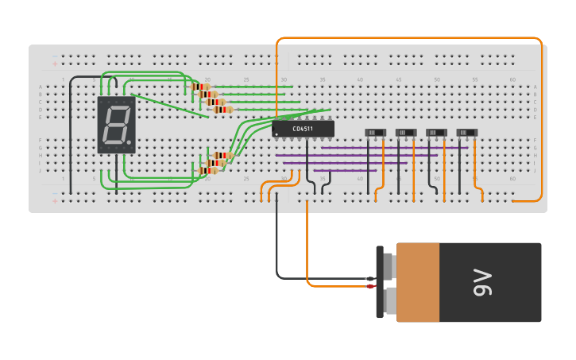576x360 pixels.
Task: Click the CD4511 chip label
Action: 303,129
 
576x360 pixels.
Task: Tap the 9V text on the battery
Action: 482,282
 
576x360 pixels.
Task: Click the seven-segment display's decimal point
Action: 129,143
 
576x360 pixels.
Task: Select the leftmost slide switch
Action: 375,132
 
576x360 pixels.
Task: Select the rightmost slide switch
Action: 467,132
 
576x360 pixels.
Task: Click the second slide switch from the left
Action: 406,132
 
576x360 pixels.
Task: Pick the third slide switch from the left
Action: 436,132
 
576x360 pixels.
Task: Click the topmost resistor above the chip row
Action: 201,87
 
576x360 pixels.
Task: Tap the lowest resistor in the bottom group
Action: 208,170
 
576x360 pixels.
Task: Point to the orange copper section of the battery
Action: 418,282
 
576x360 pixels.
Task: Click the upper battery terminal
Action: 389,265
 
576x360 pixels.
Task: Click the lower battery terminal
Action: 389,300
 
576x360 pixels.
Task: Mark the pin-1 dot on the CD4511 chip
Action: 276,134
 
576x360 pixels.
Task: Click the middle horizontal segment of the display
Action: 116,125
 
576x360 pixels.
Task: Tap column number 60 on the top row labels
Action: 512,79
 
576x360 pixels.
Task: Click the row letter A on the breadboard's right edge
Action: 535,87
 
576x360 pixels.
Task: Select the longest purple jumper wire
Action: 394,148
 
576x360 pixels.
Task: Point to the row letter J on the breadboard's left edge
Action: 41,170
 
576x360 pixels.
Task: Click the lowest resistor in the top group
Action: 223,110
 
